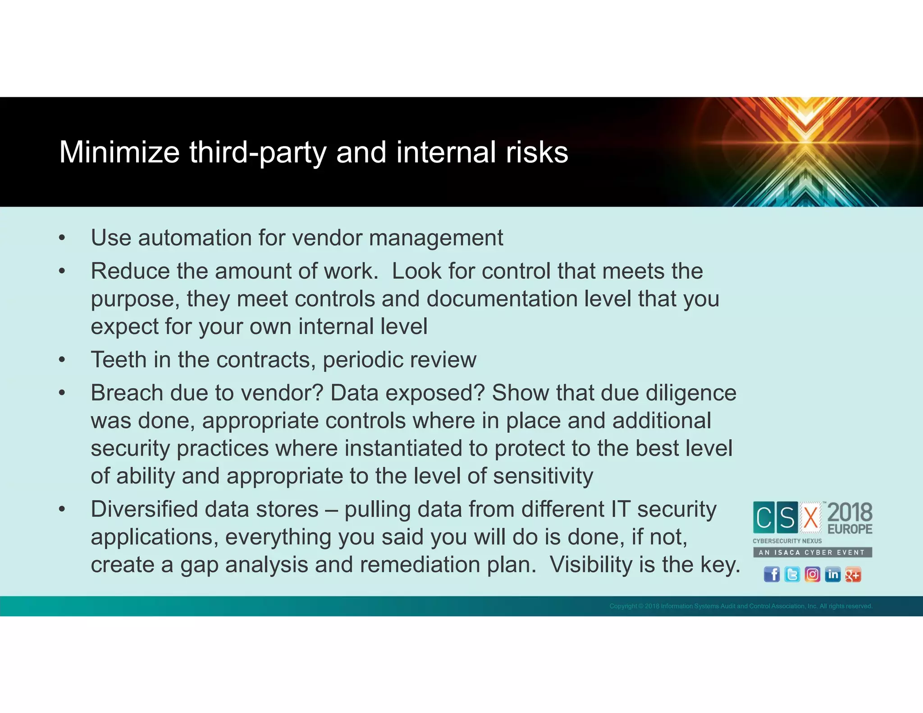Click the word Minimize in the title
[119, 152]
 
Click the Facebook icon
[772, 575]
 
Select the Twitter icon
[792, 575]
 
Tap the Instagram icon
[812, 575]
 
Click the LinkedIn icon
[832, 575]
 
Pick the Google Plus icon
[853, 575]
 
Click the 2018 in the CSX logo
[850, 513]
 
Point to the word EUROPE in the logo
[850, 529]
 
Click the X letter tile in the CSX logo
[811, 517]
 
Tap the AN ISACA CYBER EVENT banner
[812, 552]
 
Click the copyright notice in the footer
[740, 606]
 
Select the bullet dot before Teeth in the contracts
[62, 360]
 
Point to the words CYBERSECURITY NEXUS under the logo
[787, 541]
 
